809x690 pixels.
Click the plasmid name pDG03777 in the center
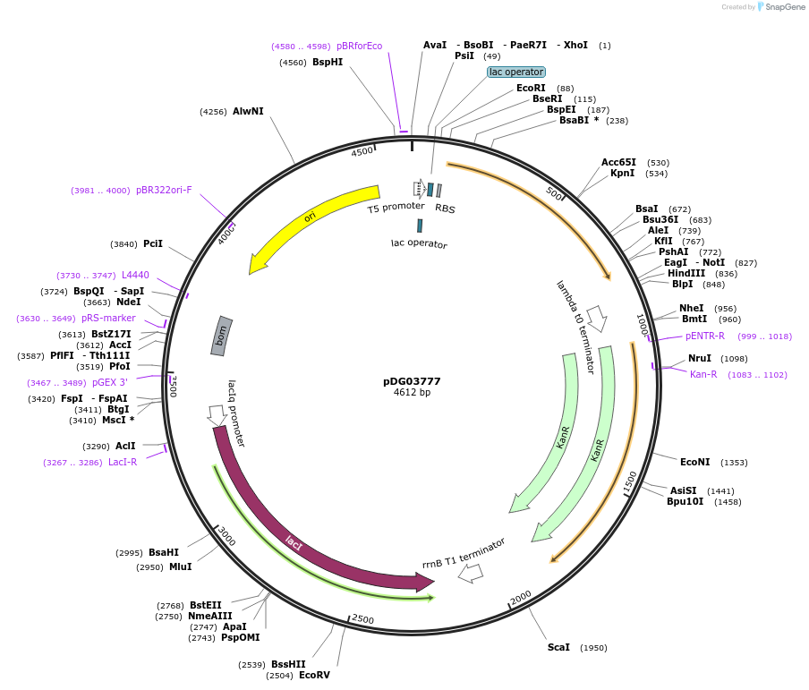click(412, 381)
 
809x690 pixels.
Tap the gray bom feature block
click(222, 336)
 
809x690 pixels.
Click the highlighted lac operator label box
click(516, 72)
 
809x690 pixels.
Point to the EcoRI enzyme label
click(531, 88)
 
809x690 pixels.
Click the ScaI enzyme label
click(558, 647)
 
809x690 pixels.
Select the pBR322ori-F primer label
click(164, 190)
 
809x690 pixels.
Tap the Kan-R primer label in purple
click(703, 375)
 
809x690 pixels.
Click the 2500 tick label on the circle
click(363, 619)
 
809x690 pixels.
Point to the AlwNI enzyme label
click(248, 112)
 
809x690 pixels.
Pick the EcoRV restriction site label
click(314, 675)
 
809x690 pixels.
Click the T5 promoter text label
click(396, 207)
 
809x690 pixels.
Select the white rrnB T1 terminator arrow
click(470, 574)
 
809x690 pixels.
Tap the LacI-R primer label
click(123, 462)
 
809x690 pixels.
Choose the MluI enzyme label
click(180, 566)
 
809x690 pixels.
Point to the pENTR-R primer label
click(705, 336)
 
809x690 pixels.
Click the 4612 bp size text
click(412, 393)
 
